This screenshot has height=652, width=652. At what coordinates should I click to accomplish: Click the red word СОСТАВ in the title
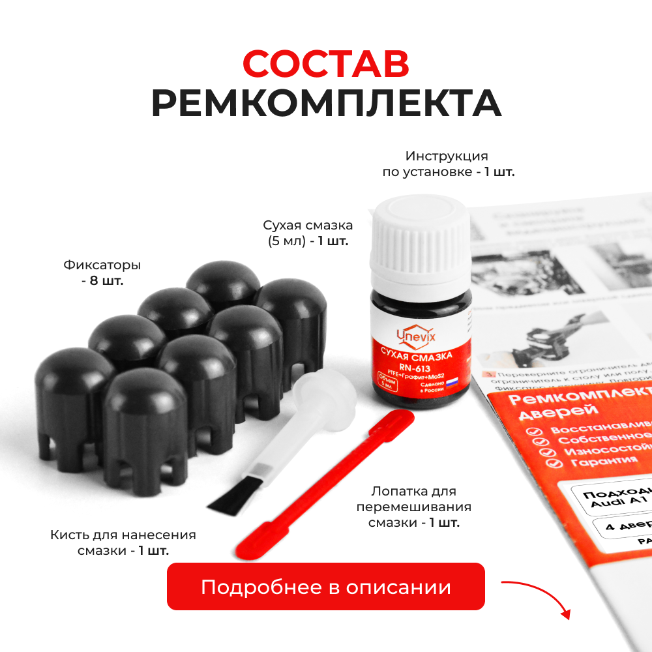(326, 64)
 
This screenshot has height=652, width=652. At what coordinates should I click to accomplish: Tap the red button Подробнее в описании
(326, 587)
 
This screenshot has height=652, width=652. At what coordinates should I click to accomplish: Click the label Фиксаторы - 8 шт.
(102, 273)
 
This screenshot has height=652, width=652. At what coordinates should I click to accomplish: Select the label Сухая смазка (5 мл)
(308, 233)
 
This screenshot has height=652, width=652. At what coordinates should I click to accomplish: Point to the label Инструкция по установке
(447, 164)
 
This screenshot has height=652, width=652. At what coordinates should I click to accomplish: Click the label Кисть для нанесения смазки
(123, 542)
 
